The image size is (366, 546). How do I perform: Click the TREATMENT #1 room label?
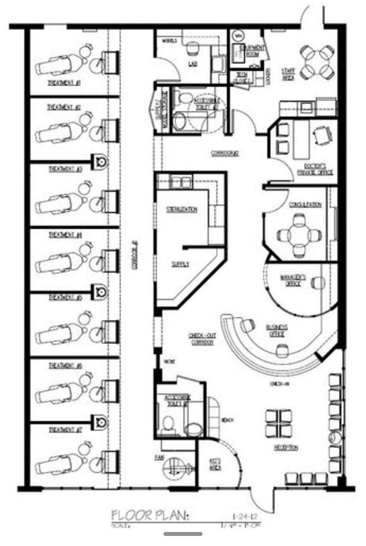click(64, 83)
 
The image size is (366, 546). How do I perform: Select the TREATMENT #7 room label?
click(65, 429)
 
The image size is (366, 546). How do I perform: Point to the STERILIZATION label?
click(181, 209)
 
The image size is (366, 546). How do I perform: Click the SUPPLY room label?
click(180, 263)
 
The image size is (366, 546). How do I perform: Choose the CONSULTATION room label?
click(305, 205)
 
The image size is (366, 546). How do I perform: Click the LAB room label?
click(192, 65)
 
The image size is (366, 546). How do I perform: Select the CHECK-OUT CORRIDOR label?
click(202, 337)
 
